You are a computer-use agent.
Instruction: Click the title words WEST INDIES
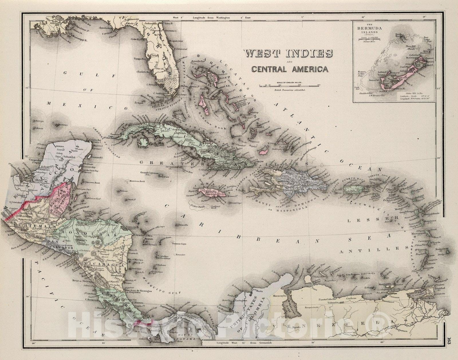[x=288, y=54]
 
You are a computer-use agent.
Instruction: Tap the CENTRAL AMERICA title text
[x=290, y=69]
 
